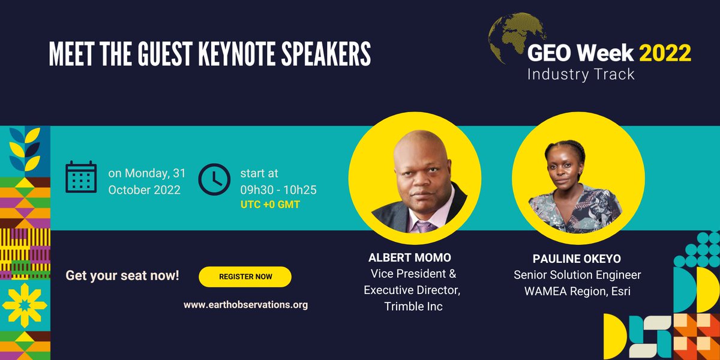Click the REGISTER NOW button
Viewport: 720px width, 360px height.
[x=245, y=277]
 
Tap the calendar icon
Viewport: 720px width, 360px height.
[x=81, y=177]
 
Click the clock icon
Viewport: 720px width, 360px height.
[x=214, y=179]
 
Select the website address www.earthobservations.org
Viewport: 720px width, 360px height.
[x=245, y=305]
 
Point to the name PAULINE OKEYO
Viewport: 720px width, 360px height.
[x=577, y=259]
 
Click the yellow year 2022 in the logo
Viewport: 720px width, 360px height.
[x=665, y=54]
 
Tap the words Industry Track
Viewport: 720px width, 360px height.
[x=580, y=75]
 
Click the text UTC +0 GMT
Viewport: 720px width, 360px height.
[x=270, y=205]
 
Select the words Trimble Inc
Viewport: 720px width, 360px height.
[x=413, y=306]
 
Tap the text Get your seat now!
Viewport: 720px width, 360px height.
[x=122, y=277]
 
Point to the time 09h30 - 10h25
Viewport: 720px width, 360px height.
[x=278, y=190]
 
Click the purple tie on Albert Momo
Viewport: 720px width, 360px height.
[x=425, y=227]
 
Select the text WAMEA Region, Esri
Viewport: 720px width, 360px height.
[x=577, y=291]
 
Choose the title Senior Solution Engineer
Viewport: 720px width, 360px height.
[x=577, y=275]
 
